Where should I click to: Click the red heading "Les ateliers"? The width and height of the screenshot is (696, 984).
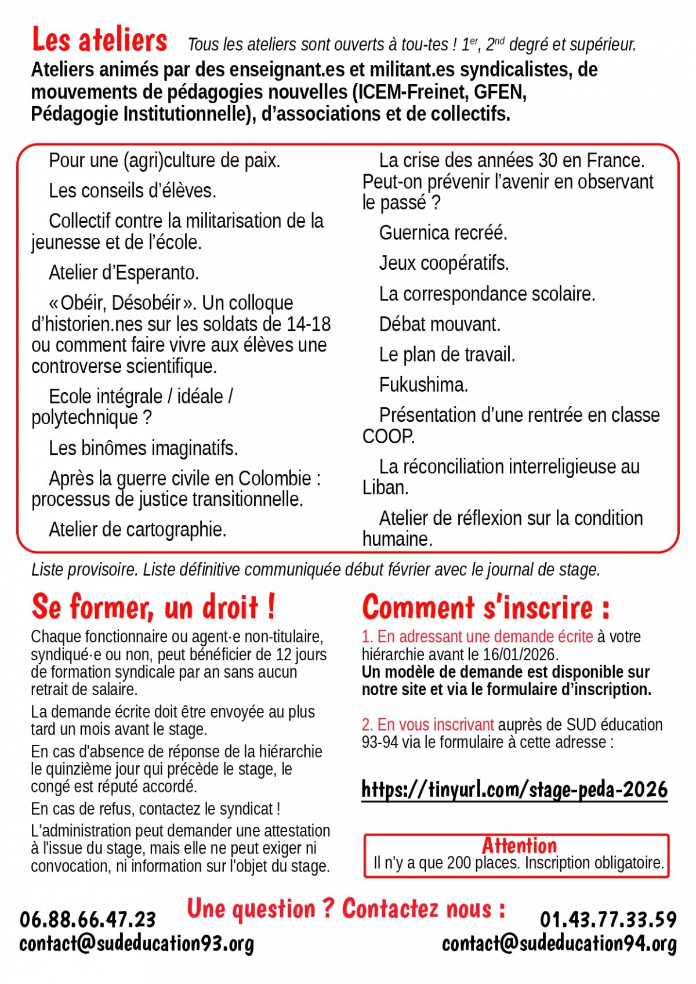click(x=99, y=40)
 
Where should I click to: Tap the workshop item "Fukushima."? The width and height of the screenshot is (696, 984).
click(x=423, y=385)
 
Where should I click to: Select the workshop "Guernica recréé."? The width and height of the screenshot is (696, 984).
click(x=443, y=233)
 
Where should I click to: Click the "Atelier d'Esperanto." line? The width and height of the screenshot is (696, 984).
click(x=124, y=272)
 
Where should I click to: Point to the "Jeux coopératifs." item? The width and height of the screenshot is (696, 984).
click(x=444, y=263)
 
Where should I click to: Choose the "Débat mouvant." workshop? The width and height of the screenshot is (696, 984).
click(x=440, y=324)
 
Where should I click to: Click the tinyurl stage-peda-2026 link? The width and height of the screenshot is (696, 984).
click(x=514, y=790)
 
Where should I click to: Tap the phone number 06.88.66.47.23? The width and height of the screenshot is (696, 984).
click(x=88, y=919)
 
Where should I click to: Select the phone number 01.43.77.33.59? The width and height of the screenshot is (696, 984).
click(x=608, y=919)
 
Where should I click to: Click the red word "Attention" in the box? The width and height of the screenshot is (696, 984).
click(x=519, y=845)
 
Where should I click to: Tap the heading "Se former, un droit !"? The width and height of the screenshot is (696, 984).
click(x=153, y=607)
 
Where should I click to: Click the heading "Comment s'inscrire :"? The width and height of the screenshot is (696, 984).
click(x=485, y=607)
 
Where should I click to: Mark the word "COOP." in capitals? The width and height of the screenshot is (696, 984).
click(x=388, y=436)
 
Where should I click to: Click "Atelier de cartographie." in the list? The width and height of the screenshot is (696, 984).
click(x=137, y=529)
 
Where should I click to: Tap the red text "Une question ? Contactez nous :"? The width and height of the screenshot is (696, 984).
click(x=346, y=909)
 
